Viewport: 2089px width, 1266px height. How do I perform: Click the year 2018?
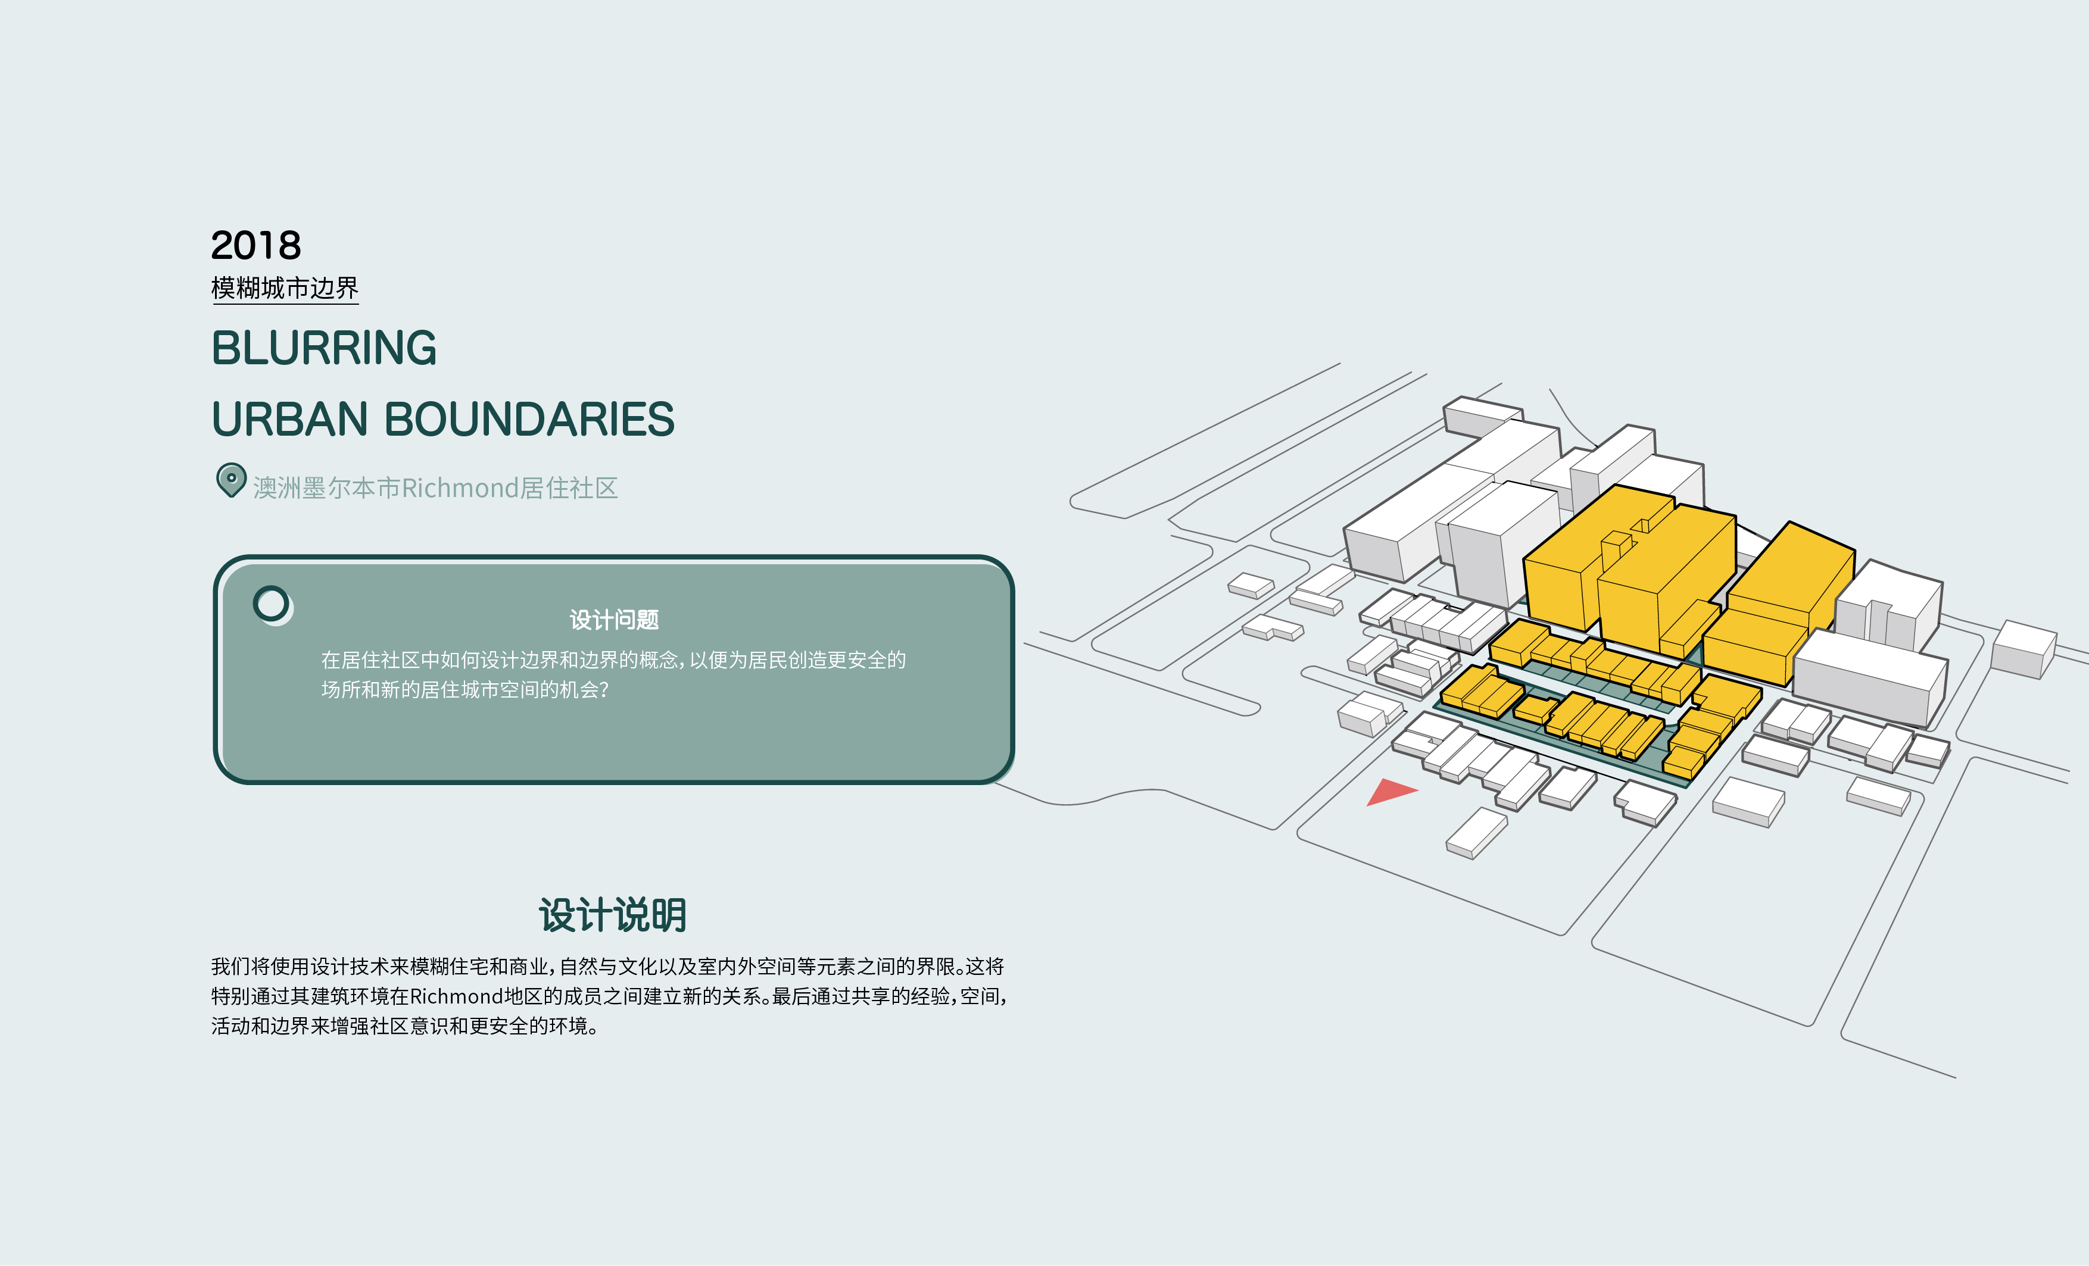pyautogui.click(x=255, y=246)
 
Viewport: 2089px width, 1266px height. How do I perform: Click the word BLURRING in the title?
pyautogui.click(x=324, y=348)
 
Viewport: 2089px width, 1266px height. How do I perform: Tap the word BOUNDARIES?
pyautogui.click(x=529, y=420)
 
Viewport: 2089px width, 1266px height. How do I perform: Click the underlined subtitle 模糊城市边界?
pyautogui.click(x=285, y=288)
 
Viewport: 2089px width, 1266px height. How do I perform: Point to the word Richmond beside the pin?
pyautogui.click(x=460, y=488)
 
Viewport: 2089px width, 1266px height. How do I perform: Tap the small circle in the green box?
pyautogui.click(x=272, y=604)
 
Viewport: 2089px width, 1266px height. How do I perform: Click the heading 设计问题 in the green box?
pyautogui.click(x=614, y=620)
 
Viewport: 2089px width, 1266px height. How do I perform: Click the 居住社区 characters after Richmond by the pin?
pyautogui.click(x=569, y=488)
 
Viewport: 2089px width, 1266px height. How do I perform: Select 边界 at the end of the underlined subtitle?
pyautogui.click(x=334, y=288)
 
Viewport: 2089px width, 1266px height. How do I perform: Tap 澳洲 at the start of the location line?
pyautogui.click(x=278, y=488)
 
